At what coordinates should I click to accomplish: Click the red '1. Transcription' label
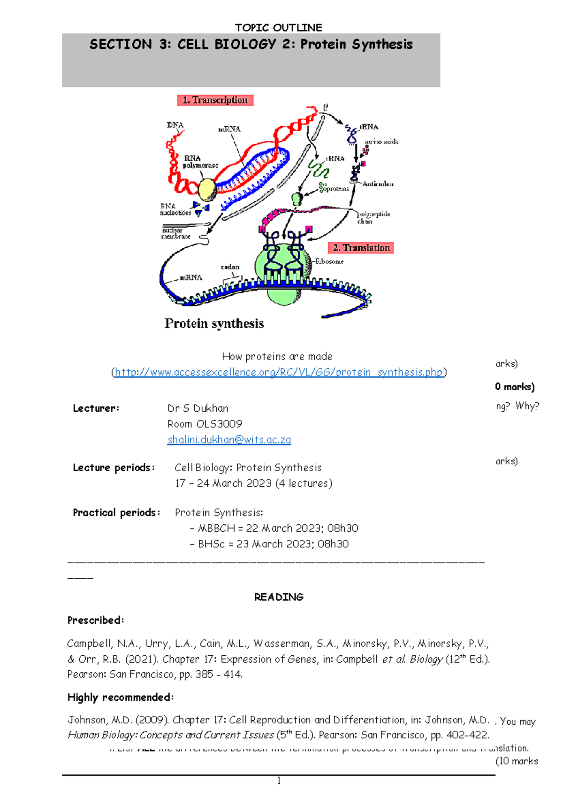point(215,100)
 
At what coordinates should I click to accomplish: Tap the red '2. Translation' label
point(361,248)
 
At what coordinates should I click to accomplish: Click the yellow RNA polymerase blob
point(207,189)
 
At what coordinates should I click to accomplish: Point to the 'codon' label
point(230,267)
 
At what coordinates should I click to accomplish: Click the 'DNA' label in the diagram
point(175,125)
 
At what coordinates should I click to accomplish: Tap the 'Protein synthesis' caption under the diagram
point(214,323)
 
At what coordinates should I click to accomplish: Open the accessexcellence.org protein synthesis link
point(279,372)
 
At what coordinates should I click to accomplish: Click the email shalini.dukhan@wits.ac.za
point(229,440)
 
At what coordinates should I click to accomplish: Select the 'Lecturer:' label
point(96,408)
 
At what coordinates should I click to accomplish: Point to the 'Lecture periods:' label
point(114,467)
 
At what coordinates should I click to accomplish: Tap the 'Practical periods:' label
point(116,513)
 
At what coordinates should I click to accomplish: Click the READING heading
point(279,597)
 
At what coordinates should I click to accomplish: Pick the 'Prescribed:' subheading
point(96,621)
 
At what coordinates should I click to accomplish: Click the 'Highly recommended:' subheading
point(121,697)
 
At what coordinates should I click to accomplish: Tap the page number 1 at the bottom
point(279,781)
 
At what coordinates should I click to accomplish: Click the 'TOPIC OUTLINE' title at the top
point(279,28)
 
